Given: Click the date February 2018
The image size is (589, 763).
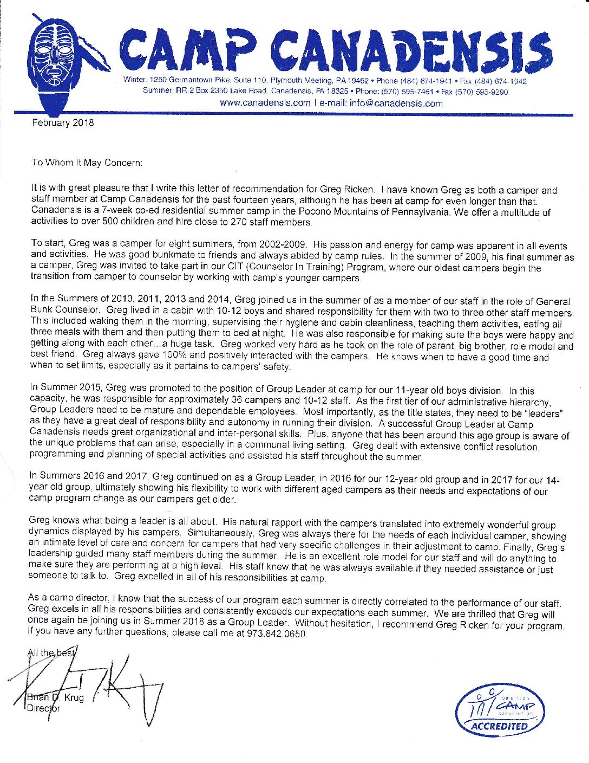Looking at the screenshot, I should tap(63, 123).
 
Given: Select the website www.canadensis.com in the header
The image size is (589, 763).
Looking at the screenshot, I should tap(265, 103).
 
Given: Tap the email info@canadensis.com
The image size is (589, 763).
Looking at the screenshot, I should tap(396, 103).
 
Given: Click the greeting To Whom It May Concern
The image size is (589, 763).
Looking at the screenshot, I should tap(87, 162).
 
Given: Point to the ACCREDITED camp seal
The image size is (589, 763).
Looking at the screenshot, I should tap(499, 709).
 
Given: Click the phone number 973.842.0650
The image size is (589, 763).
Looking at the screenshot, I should tap(276, 633).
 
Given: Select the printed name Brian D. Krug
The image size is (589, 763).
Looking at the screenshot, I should tap(56, 697).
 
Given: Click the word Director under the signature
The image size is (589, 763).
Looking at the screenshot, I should tap(44, 708).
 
